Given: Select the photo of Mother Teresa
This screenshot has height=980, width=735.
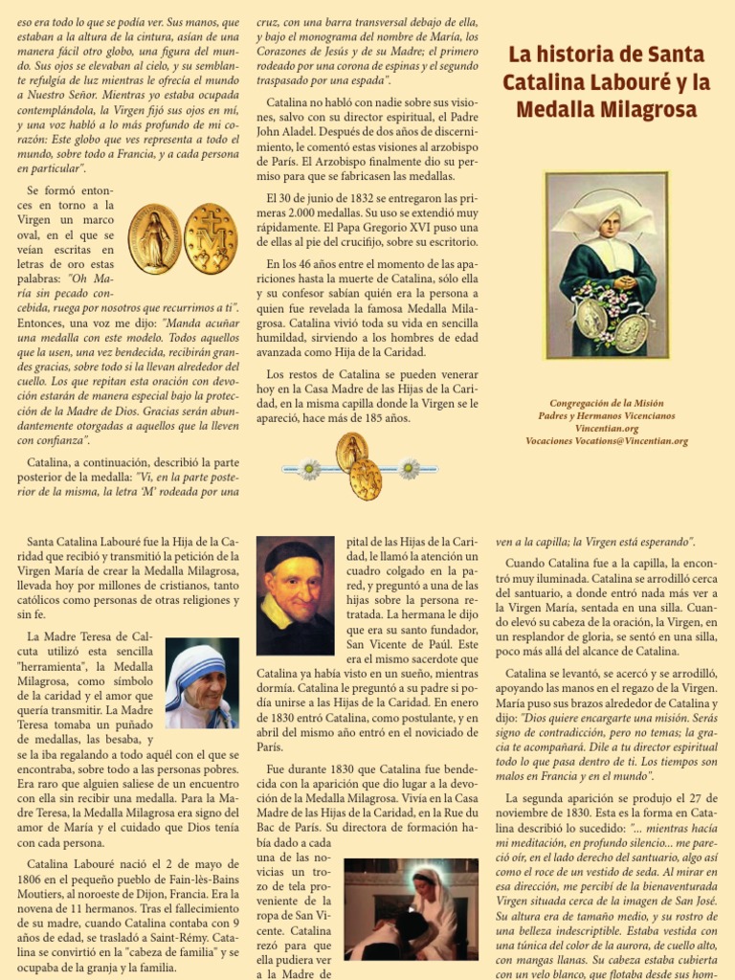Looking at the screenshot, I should click(x=202, y=683).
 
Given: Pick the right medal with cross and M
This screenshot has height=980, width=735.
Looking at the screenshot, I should click(x=210, y=238).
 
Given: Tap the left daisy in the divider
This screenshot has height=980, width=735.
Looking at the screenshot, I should click(x=309, y=469).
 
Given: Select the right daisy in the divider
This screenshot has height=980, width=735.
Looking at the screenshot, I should click(x=409, y=469).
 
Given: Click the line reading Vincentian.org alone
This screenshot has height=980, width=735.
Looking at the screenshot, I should click(x=607, y=429).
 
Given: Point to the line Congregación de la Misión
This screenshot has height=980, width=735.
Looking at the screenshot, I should click(x=607, y=404).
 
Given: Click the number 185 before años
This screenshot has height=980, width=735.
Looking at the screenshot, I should click(x=382, y=419).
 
